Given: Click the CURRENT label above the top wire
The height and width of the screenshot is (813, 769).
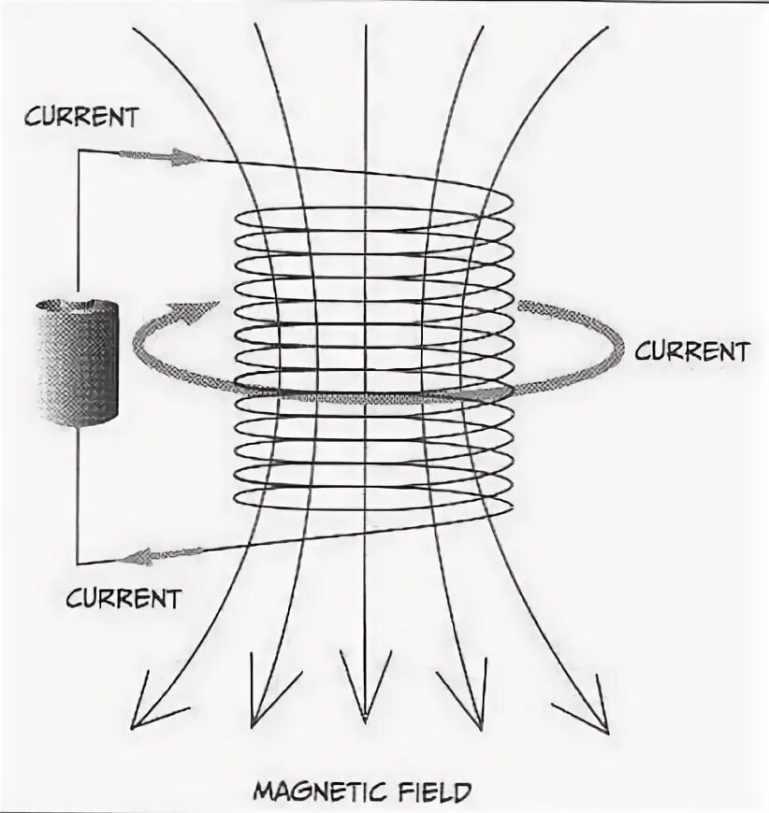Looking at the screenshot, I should (80, 118).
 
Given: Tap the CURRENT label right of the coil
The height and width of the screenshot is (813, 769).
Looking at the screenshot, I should (691, 351).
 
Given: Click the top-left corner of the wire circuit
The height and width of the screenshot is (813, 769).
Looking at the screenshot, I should (78, 150).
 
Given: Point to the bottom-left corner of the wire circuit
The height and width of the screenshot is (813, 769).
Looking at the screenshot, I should (78, 563).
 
